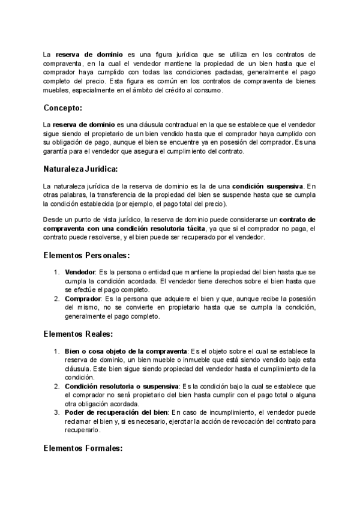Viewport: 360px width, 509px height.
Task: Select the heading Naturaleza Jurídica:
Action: (x=80, y=169)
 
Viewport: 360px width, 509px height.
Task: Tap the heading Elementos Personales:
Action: (x=86, y=255)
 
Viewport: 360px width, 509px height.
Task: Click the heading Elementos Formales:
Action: (x=83, y=447)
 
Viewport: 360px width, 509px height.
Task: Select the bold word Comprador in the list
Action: (x=83, y=298)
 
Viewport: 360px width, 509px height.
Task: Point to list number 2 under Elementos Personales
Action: (x=57, y=298)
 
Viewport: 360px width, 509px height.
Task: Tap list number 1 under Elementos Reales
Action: (x=57, y=351)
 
